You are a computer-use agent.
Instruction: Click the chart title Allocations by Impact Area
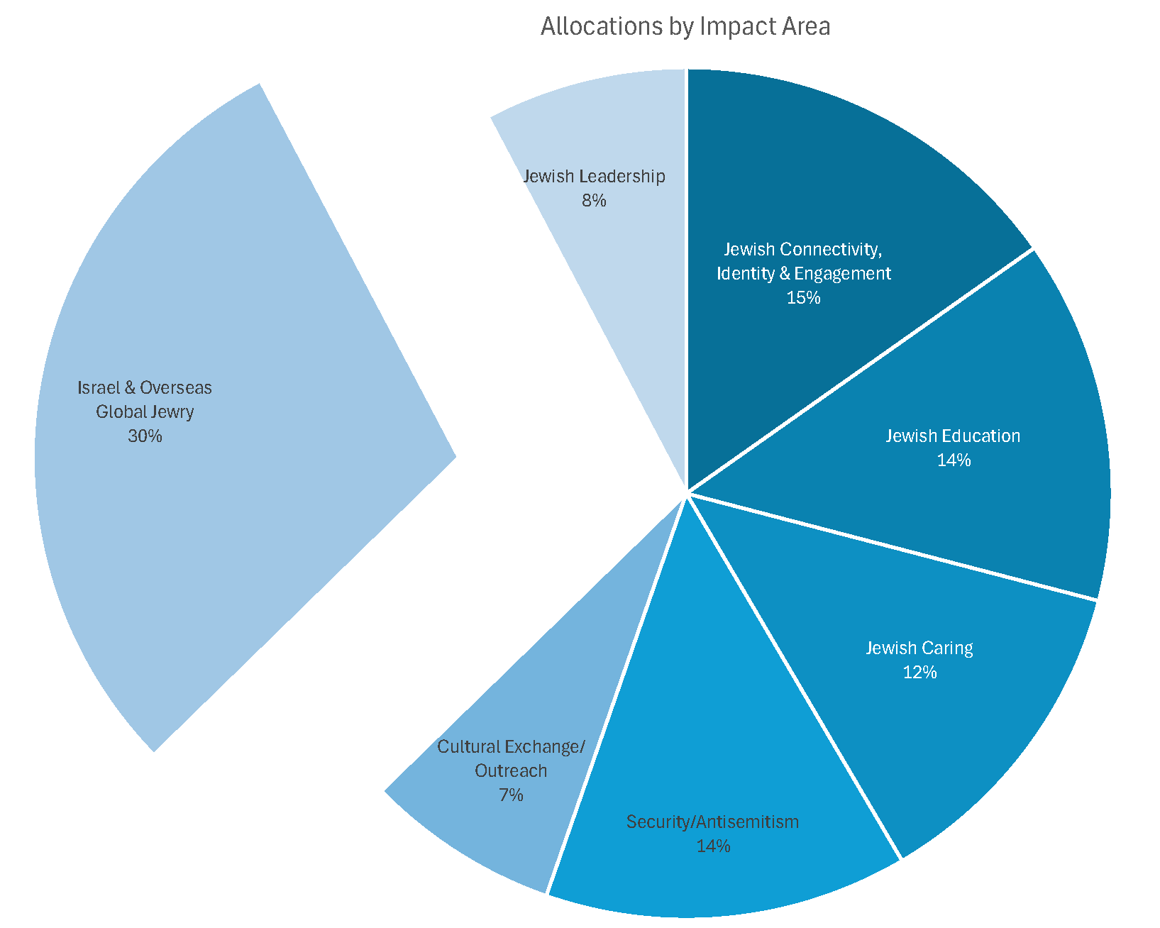(685, 26)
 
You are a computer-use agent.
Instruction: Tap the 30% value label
(145, 436)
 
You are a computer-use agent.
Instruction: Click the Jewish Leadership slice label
(594, 176)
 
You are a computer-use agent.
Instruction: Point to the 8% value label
(594, 201)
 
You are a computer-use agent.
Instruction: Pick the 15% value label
(803, 298)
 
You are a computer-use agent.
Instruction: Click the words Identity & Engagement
(803, 273)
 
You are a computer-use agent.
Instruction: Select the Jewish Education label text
(953, 436)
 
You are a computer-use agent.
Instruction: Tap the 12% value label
(919, 673)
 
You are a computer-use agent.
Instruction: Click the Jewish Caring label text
(919, 648)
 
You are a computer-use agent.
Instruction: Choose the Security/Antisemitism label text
(712, 822)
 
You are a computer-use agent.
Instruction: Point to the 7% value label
(511, 795)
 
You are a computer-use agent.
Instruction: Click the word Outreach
(511, 770)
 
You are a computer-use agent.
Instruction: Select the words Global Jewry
(145, 411)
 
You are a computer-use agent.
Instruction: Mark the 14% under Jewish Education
(954, 460)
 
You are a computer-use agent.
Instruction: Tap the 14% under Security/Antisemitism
(713, 846)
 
